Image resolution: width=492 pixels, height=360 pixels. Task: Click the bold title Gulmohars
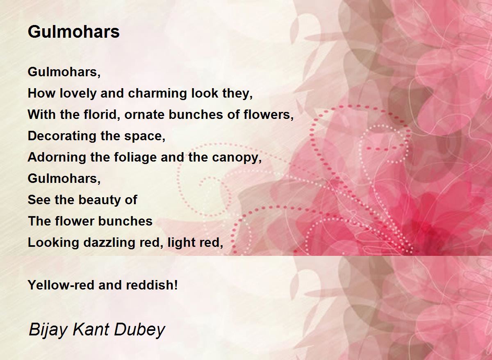pyautogui.click(x=73, y=32)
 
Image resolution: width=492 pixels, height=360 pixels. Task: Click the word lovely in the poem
pyautogui.click(x=78, y=93)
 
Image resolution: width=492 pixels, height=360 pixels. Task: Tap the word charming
pyautogui.click(x=158, y=93)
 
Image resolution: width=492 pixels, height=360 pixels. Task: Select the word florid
pyautogui.click(x=102, y=115)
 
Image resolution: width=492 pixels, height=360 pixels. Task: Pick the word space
pyautogui.click(x=145, y=137)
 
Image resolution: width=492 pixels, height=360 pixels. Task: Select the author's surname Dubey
pyautogui.click(x=139, y=330)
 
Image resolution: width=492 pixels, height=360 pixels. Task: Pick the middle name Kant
pyautogui.click(x=91, y=329)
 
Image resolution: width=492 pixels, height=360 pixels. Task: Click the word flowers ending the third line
pyautogui.click(x=269, y=115)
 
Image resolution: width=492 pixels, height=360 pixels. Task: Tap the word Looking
pyautogui.click(x=53, y=243)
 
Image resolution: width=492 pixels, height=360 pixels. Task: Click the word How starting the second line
pyautogui.click(x=41, y=93)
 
